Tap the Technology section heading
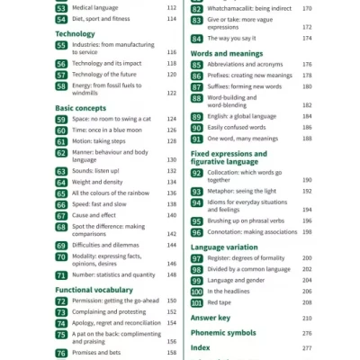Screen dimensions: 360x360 [75, 33]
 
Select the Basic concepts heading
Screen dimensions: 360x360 [80, 108]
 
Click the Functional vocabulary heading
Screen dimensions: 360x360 [94, 290]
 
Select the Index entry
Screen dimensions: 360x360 [200, 346]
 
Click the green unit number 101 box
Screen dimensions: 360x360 [196, 302]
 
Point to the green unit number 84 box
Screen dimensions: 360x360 [196, 38]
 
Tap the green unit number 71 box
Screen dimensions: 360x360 [61, 274]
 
